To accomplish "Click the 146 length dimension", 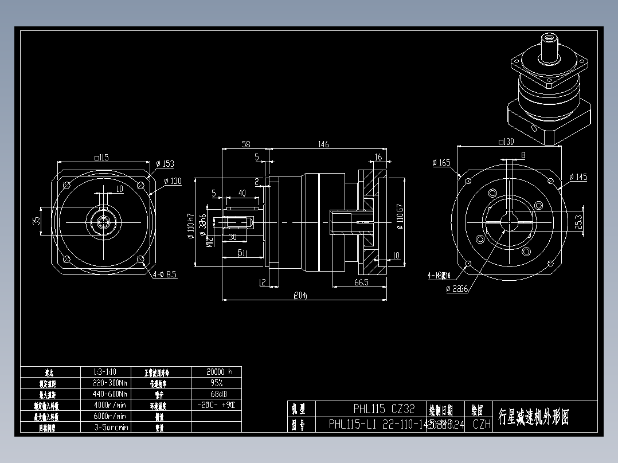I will point(323,144).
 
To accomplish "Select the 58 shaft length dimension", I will point(245,144).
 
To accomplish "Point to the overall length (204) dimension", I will point(300,296).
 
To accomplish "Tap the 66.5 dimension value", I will point(361,282).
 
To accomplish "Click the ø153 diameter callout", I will point(165,164).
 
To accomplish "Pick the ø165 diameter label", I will point(442,163).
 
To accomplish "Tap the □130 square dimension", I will point(506,142).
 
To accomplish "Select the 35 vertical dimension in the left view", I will point(37,220).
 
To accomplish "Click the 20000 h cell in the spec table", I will point(216,371).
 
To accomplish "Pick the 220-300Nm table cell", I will point(109,383).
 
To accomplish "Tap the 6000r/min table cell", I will point(109,416).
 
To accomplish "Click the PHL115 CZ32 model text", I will point(384,409).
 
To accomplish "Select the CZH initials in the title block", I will point(482,425).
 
